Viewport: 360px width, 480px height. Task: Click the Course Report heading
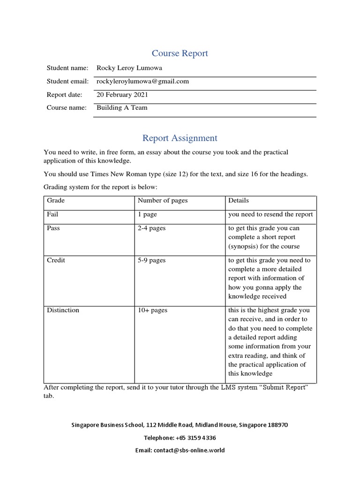180,53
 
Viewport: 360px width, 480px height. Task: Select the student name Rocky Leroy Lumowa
129,68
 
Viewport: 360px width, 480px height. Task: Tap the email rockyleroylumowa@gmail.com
142,81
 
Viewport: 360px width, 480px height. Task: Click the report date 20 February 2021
122,95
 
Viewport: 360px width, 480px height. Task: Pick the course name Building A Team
122,108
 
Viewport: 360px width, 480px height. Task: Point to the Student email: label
67,81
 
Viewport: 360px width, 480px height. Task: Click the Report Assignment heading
180,138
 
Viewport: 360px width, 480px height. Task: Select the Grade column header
56,201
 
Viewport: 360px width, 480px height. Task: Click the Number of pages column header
162,201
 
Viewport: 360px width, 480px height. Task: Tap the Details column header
238,201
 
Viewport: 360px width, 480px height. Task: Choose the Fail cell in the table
52,214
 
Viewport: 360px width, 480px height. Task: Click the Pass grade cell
53,228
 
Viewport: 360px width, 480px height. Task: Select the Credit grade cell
56,260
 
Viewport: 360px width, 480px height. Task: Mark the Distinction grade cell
63,310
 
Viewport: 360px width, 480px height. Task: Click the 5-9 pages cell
151,260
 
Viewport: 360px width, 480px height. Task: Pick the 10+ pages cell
152,310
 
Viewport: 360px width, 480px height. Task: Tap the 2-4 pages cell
151,228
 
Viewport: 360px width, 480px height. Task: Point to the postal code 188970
277,425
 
